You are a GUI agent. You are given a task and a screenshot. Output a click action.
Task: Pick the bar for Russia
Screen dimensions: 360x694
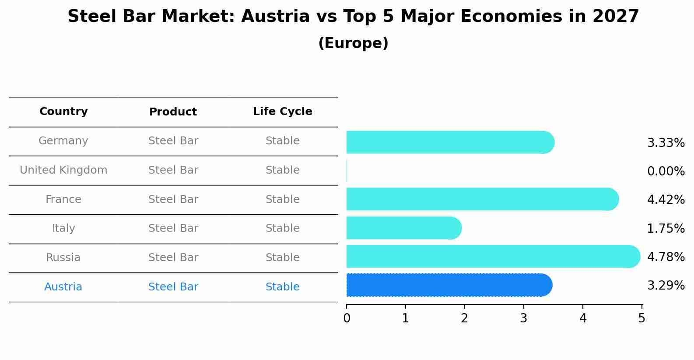(x=493, y=256)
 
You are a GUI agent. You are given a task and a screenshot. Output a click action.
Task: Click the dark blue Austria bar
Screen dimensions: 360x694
(x=449, y=285)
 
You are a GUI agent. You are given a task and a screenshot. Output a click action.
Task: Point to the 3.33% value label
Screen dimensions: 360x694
(x=666, y=143)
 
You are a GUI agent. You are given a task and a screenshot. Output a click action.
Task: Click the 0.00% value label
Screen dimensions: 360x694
(x=666, y=171)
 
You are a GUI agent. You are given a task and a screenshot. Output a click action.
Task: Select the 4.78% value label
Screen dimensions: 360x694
(x=666, y=257)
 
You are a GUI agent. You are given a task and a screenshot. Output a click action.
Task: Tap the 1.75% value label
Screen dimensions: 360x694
(x=666, y=228)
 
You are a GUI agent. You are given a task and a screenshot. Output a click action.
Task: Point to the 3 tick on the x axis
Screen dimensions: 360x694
(x=524, y=318)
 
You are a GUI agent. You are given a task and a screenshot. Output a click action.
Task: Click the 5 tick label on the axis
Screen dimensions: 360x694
(x=641, y=318)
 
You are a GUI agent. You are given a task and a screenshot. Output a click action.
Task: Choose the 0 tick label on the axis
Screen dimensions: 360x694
(x=347, y=318)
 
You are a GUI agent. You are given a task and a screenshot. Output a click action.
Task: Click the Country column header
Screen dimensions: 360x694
(x=63, y=112)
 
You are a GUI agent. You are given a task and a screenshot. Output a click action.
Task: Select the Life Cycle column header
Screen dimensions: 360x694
(x=283, y=112)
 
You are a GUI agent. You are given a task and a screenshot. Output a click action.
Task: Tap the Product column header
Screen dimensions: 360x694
(x=173, y=112)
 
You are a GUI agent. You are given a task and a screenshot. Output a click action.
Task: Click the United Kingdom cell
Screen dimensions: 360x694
(x=63, y=170)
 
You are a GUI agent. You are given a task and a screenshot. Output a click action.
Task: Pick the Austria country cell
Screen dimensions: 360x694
(x=63, y=287)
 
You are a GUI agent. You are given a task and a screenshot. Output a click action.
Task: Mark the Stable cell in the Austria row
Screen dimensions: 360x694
(x=283, y=287)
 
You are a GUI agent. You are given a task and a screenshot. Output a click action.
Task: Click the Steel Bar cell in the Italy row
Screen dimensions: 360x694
(x=173, y=228)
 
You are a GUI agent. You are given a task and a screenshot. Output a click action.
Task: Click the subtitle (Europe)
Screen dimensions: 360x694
(x=353, y=43)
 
